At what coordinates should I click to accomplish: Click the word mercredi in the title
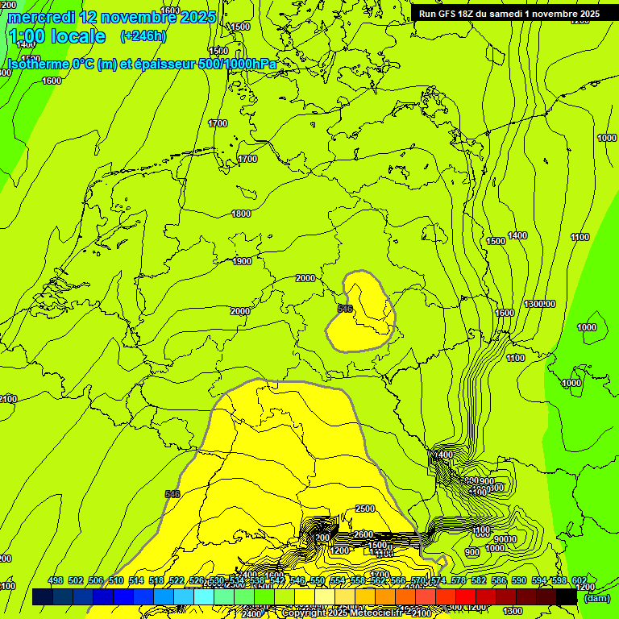[40, 17]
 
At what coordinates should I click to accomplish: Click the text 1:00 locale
[56, 36]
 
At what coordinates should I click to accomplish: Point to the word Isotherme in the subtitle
[38, 64]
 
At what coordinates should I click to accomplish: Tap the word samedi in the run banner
[517, 14]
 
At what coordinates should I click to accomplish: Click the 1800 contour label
[241, 214]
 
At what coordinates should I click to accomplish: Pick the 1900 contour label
[242, 261]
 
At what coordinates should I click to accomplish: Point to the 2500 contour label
[365, 509]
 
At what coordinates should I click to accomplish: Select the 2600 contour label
[364, 534]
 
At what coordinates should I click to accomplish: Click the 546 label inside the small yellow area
[345, 309]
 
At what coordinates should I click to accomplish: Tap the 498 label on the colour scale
[56, 580]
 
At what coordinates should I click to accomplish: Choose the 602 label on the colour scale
[580, 580]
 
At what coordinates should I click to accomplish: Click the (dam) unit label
[597, 597]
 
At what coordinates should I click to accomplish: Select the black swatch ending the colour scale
[567, 596]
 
